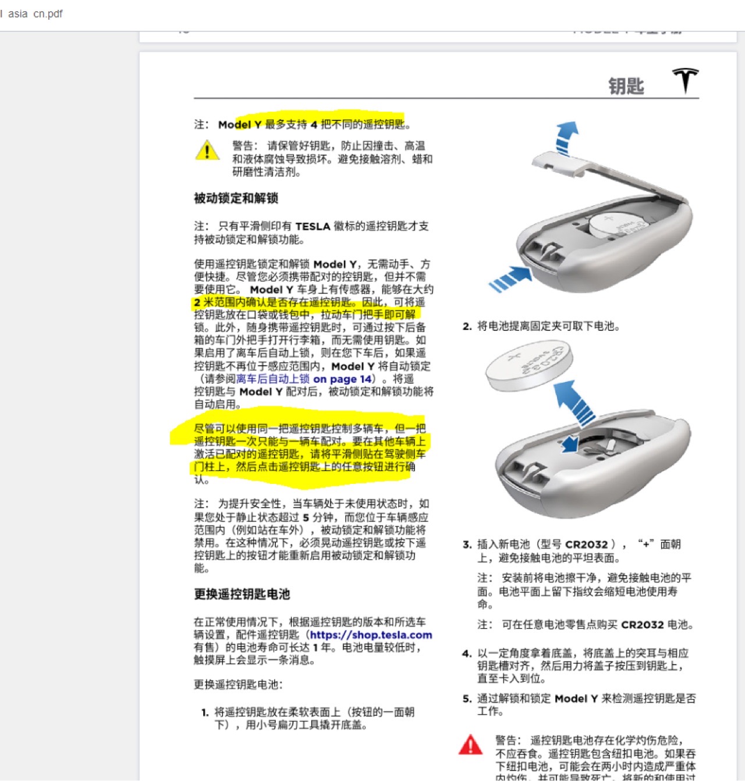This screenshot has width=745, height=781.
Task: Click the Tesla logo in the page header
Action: tap(686, 80)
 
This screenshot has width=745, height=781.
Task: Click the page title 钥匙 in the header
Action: tap(626, 87)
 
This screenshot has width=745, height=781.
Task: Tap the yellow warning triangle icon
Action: tap(207, 151)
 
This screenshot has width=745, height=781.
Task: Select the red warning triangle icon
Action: tap(470, 745)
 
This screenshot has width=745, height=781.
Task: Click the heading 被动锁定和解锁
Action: tap(236, 198)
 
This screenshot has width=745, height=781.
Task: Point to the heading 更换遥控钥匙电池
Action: tap(242, 594)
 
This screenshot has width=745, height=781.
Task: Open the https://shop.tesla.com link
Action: tap(371, 635)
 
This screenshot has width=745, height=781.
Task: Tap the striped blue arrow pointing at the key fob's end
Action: tap(510, 279)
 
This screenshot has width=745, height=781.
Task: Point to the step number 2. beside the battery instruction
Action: tap(467, 327)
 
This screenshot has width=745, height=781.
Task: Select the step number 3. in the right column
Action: tap(467, 545)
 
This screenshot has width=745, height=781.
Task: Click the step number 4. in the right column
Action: tap(467, 654)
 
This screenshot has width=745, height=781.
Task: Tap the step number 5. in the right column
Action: tap(467, 699)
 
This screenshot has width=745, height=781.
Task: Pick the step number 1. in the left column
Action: tap(205, 712)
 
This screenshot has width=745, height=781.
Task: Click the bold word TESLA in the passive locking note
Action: tap(313, 227)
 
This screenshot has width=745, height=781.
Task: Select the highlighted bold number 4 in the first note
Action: tap(314, 124)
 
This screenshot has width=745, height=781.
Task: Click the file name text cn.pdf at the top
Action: tap(48, 13)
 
